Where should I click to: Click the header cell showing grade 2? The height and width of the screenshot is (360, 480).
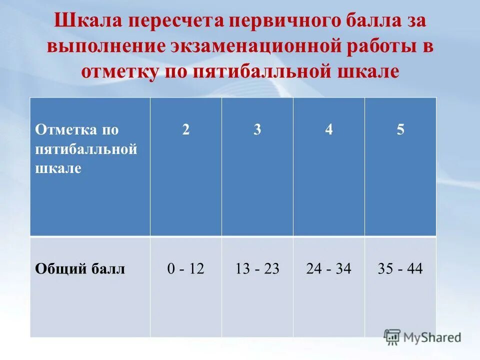tap(186, 130)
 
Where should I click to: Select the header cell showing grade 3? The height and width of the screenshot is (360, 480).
tap(257, 130)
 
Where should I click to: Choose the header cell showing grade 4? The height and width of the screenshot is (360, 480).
tap(328, 130)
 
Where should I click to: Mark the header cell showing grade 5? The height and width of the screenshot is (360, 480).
tap(400, 130)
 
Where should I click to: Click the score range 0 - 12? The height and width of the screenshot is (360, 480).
tap(186, 269)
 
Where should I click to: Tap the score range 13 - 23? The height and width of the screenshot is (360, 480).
tap(257, 269)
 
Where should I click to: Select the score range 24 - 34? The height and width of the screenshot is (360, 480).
tap(328, 269)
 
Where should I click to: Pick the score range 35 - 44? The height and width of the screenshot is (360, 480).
tap(400, 269)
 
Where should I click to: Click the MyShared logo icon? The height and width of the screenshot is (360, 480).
tap(392, 336)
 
